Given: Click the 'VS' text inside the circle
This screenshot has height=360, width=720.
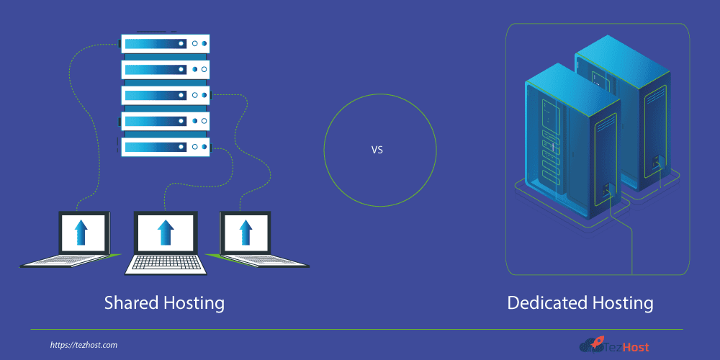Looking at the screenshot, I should click(x=377, y=150).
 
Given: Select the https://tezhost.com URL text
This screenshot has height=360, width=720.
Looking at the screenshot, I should click(x=84, y=346).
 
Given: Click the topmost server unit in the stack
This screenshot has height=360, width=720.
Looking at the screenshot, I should click(x=165, y=43).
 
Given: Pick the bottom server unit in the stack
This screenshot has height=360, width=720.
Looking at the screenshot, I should click(x=165, y=147).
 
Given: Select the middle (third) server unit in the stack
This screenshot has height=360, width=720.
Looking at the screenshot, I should click(x=165, y=95).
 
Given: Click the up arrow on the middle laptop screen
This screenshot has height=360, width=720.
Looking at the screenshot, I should click(x=166, y=233).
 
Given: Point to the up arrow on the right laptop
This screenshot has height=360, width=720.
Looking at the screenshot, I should click(x=245, y=233).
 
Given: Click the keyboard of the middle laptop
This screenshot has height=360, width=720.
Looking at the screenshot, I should click(x=166, y=264).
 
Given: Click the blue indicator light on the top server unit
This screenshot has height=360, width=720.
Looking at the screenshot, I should click(x=204, y=44).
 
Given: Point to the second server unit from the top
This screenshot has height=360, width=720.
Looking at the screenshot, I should click(x=165, y=69).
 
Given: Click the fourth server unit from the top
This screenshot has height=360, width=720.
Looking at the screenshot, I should click(x=165, y=121).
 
